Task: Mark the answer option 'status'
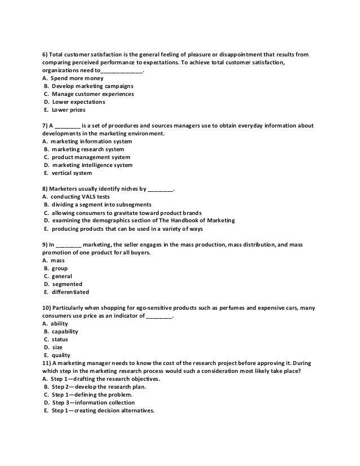tap(60, 339)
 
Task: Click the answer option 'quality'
tap(62, 355)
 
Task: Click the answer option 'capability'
tap(65, 331)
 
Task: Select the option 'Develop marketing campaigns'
tap(89, 86)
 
